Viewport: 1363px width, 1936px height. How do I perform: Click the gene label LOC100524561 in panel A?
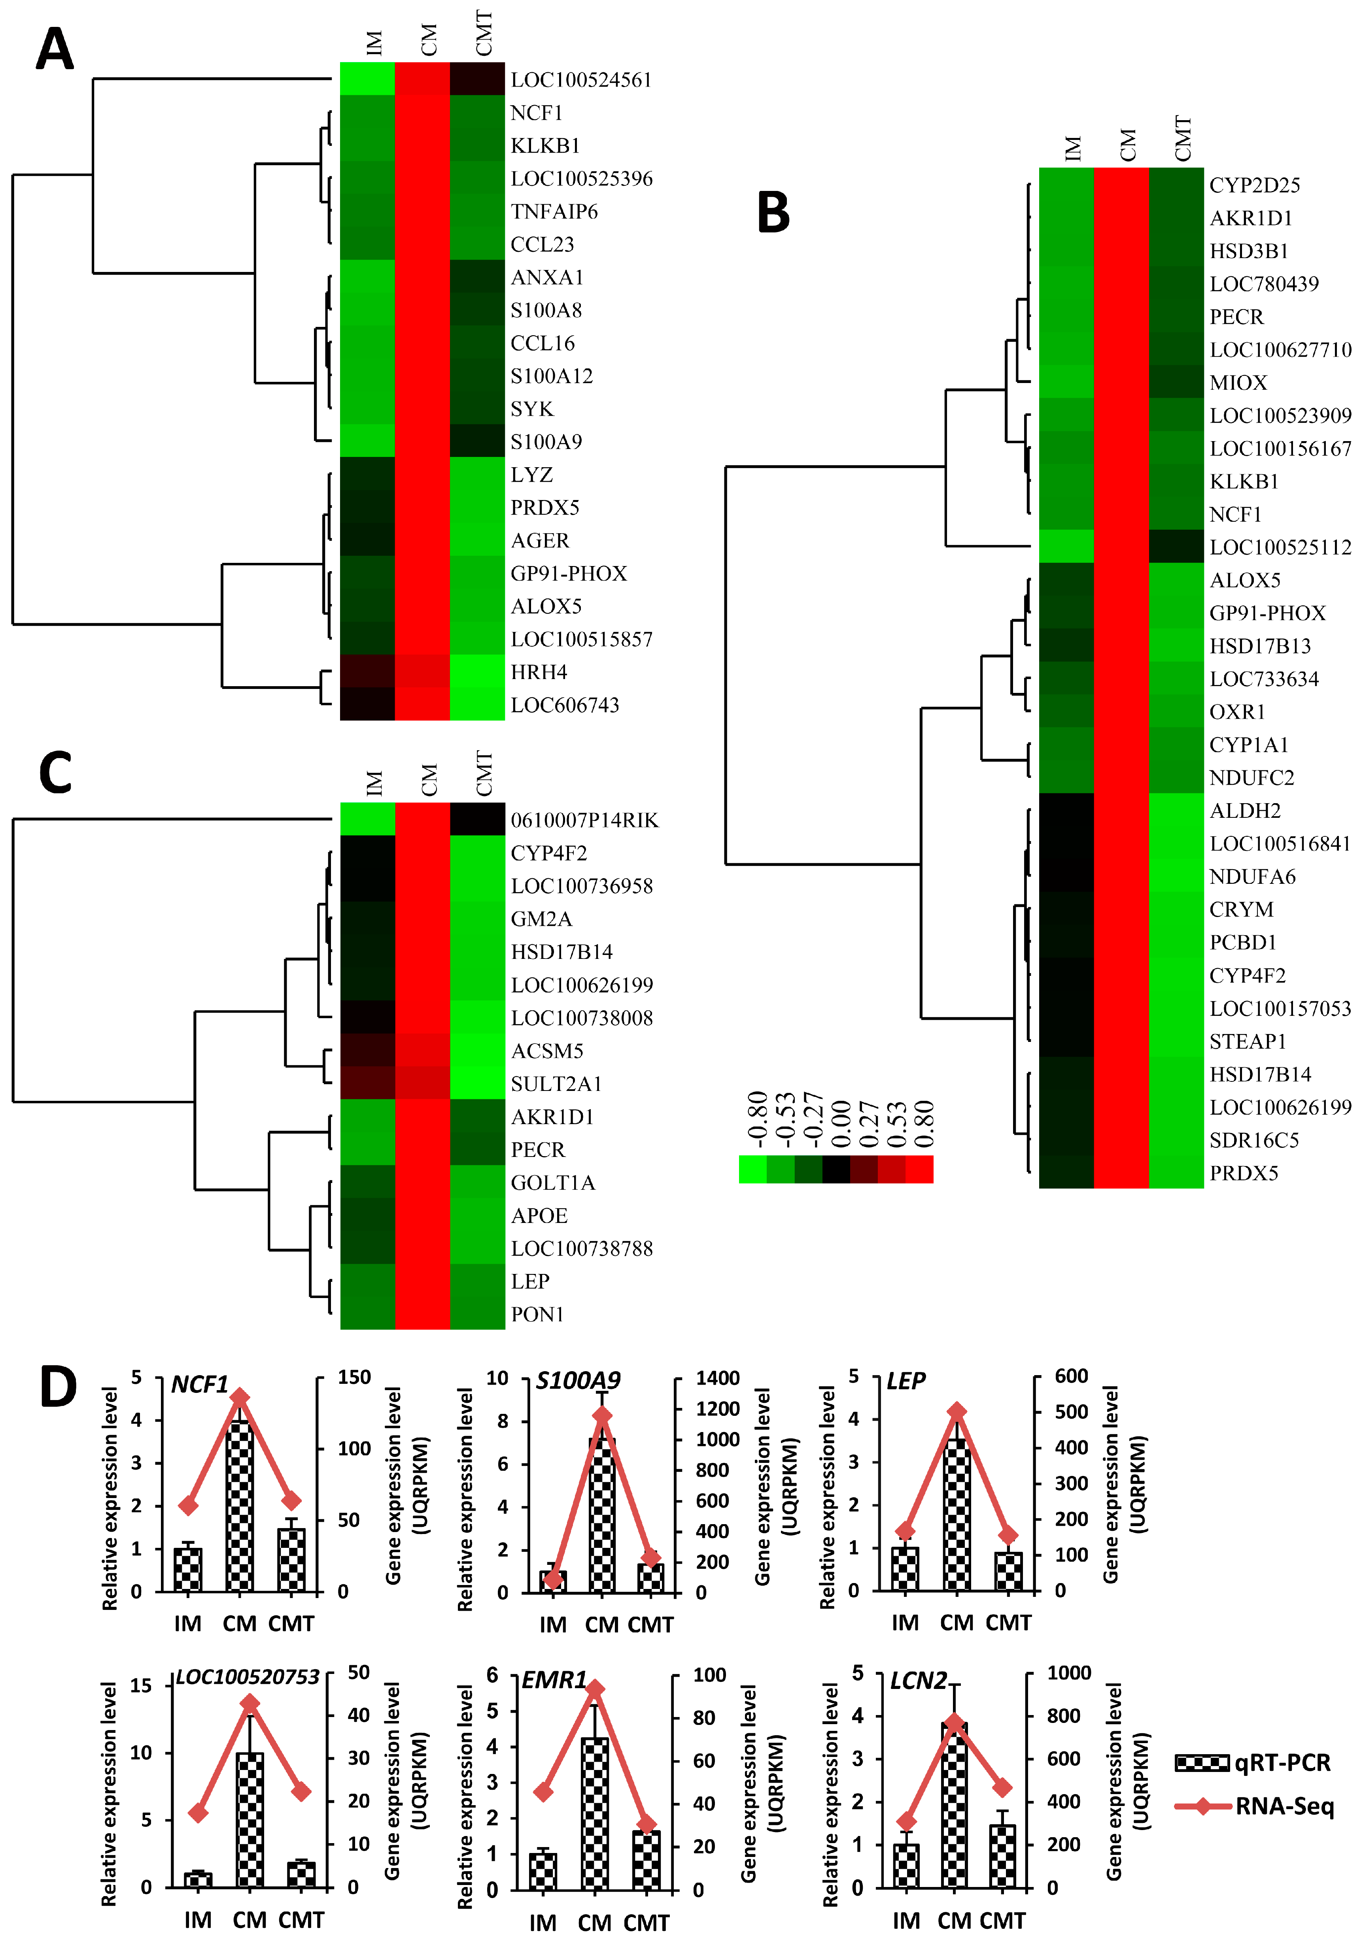pos(581,80)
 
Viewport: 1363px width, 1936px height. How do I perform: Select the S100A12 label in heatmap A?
pos(552,376)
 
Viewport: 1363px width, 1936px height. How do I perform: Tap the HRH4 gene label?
pos(539,672)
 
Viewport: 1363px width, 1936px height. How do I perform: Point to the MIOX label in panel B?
pos(1238,383)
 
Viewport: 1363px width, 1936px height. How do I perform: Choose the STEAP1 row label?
pos(1248,1042)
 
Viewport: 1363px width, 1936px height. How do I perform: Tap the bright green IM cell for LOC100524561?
pos(367,79)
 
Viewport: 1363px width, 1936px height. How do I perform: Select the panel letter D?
pos(57,1387)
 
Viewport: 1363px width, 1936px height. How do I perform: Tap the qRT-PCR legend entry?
pos(1253,1762)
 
